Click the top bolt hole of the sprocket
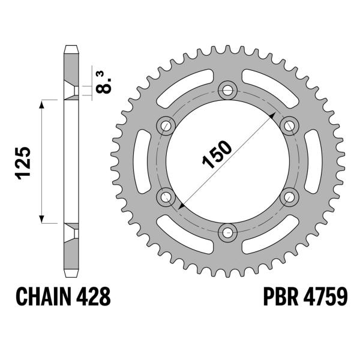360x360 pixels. click(x=227, y=91)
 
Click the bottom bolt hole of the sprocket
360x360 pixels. click(x=227, y=231)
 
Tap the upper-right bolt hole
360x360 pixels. click(x=289, y=125)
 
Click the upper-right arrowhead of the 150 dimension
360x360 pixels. click(x=273, y=115)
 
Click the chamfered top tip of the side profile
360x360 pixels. click(x=71, y=47)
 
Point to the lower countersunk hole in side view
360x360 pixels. click(x=71, y=231)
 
